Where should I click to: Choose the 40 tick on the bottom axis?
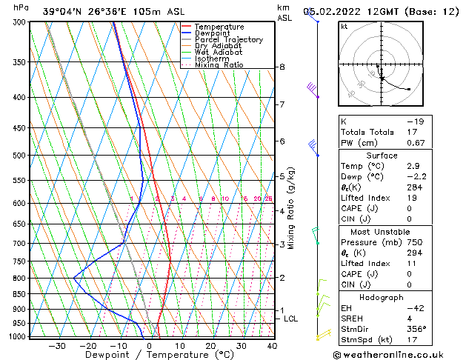pos(272,346)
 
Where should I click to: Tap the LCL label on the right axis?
pos(291,319)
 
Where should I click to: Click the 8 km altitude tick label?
pos(282,67)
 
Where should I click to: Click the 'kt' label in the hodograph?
pos(344,26)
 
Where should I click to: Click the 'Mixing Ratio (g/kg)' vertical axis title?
pos(292,208)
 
